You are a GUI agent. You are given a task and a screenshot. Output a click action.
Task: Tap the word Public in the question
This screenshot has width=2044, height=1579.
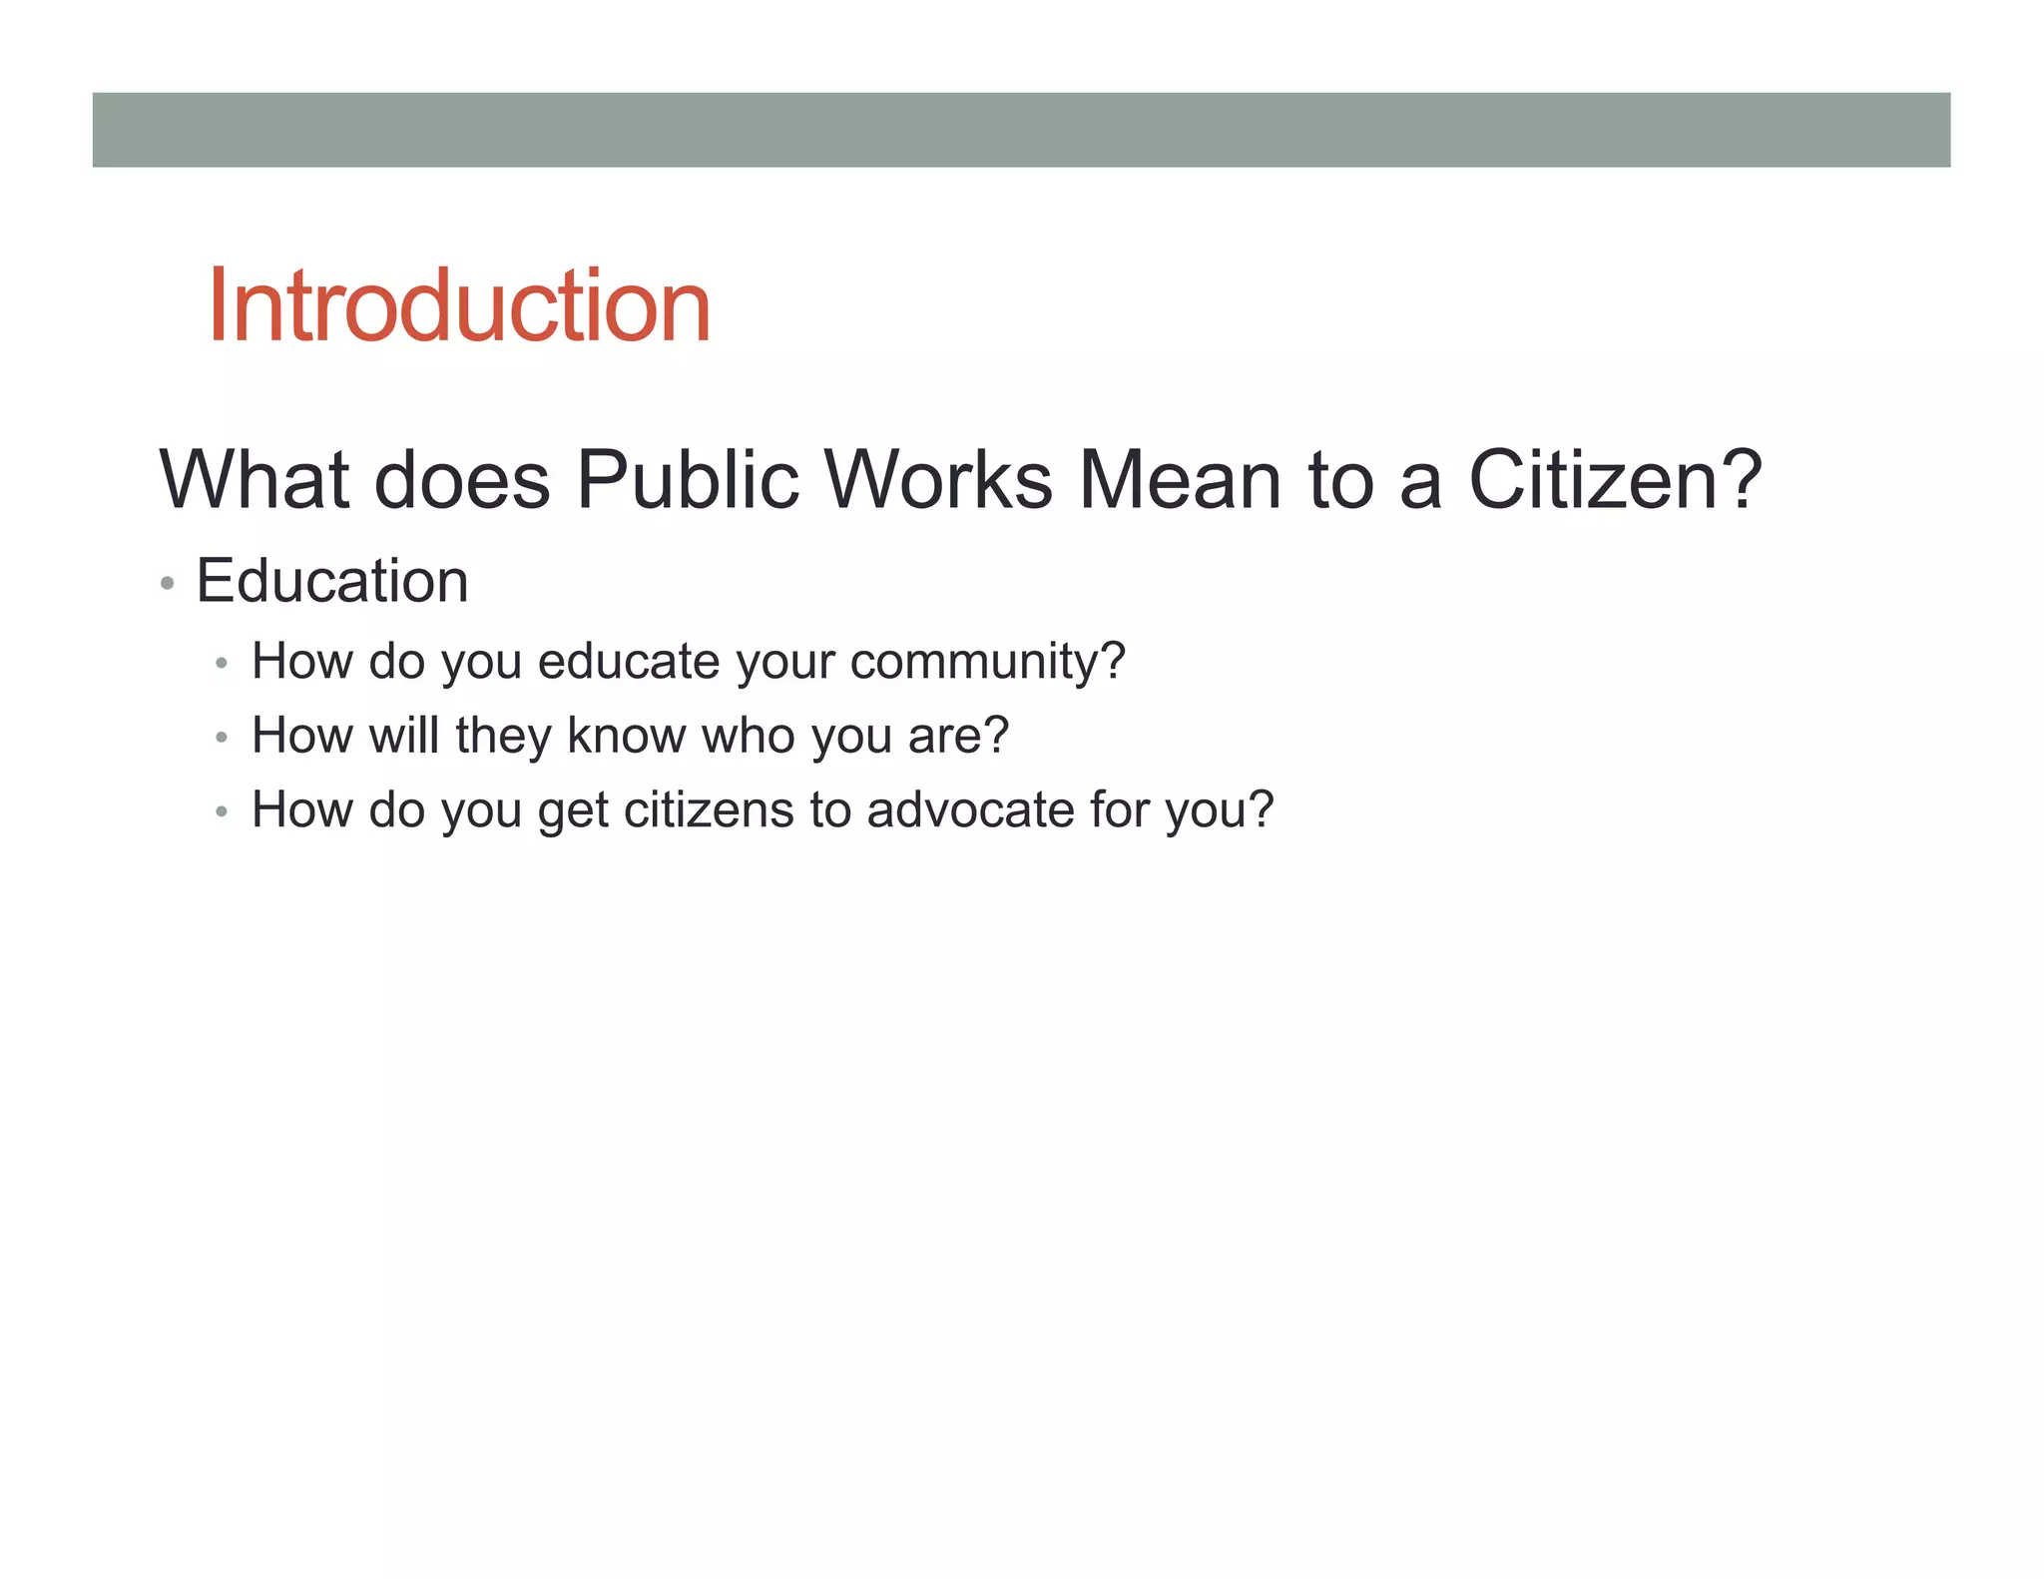tap(688, 480)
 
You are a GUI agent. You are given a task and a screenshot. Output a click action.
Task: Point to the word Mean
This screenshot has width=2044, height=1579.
tap(1180, 480)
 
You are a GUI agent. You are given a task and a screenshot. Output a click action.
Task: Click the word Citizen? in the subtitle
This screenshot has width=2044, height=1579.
tap(1615, 480)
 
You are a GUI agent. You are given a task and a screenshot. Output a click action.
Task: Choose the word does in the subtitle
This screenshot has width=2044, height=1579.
tap(461, 480)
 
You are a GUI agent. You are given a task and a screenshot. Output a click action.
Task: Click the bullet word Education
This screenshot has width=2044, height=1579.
tap(332, 581)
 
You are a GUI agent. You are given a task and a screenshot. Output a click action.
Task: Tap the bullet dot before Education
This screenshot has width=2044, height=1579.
tap(168, 583)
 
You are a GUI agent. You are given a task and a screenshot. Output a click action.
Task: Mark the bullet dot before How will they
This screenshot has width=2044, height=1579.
tap(222, 738)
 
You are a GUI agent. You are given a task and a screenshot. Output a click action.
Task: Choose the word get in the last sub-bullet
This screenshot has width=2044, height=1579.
tap(573, 811)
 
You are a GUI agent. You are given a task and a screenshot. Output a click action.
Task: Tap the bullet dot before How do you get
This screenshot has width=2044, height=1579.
tap(222, 812)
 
